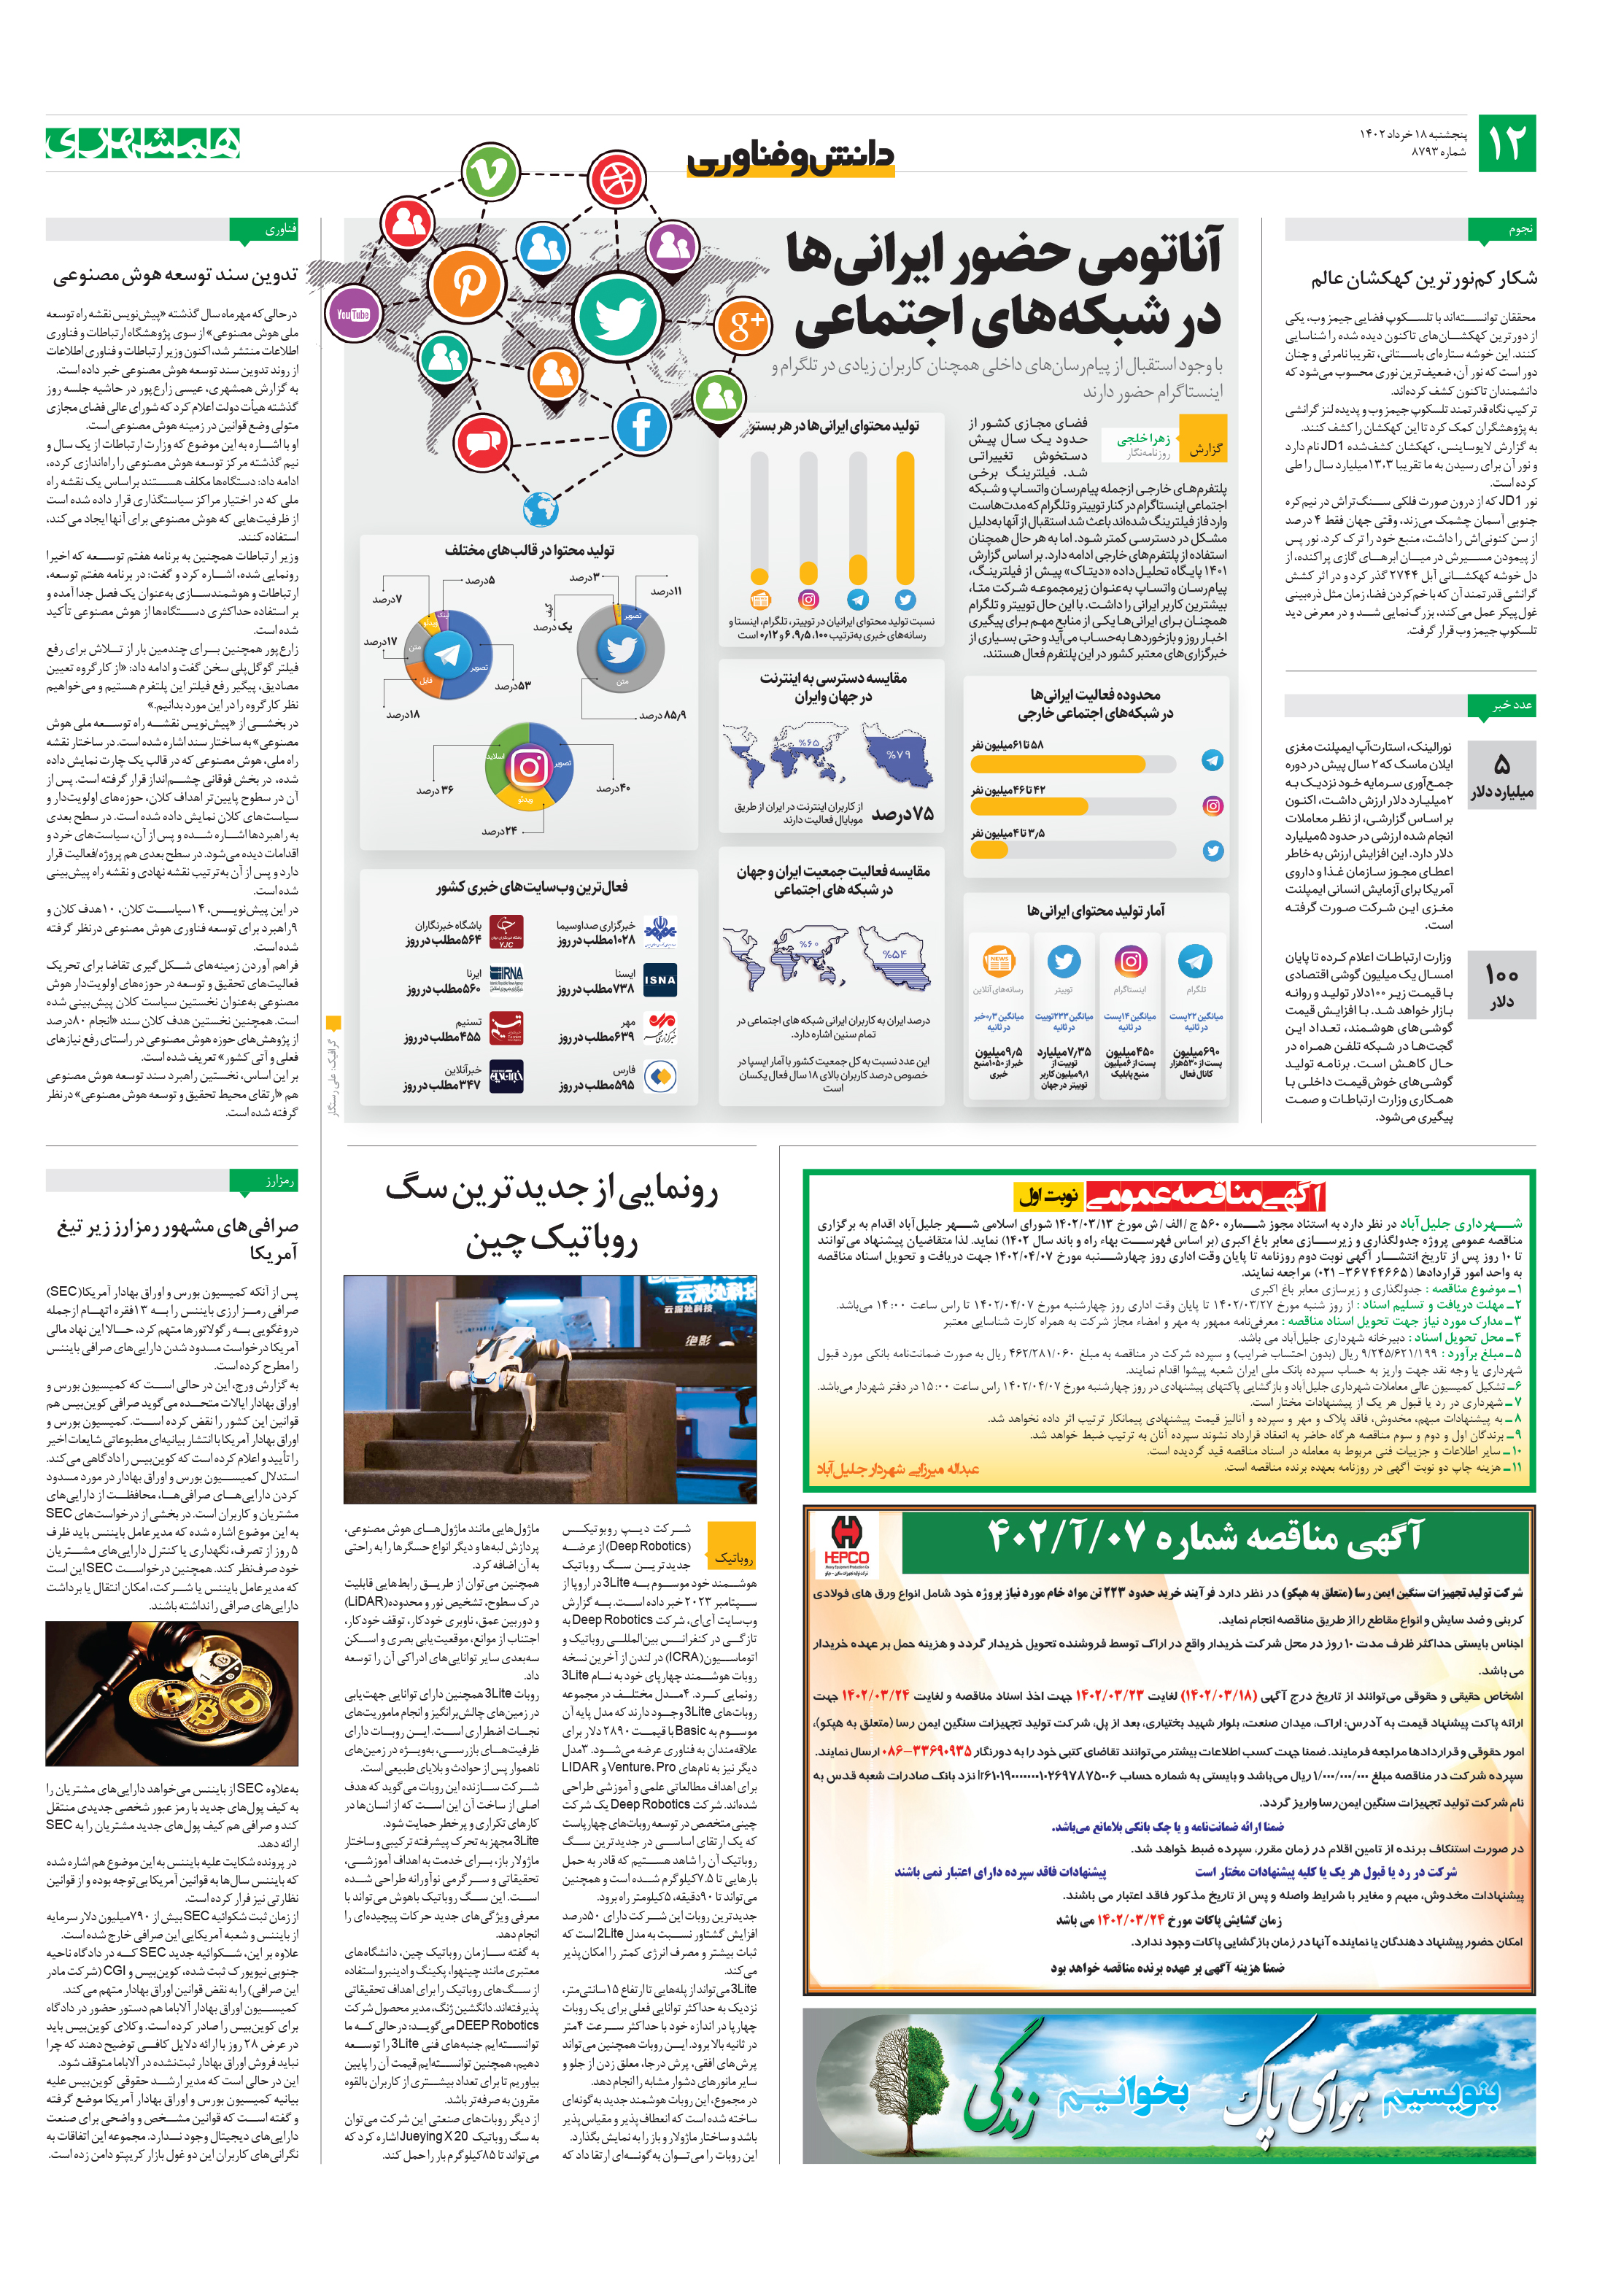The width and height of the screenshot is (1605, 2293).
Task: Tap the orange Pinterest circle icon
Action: (465, 284)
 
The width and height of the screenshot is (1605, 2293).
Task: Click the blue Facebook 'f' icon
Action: (641, 427)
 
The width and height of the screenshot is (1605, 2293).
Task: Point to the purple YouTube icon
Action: (352, 314)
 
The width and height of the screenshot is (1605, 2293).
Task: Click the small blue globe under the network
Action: (541, 509)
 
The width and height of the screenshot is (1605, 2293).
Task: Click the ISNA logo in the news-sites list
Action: (660, 980)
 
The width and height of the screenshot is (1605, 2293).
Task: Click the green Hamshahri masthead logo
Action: (143, 143)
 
